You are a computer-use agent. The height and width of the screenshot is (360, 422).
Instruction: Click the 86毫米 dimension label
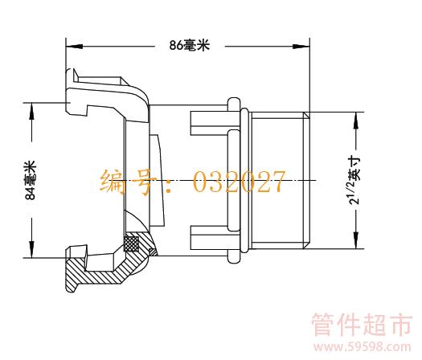point(190,45)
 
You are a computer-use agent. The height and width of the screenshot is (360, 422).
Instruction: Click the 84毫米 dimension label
point(31,180)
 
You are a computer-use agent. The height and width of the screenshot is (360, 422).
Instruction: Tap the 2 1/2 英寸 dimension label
point(354,181)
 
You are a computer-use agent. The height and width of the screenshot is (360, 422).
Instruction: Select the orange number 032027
point(239,182)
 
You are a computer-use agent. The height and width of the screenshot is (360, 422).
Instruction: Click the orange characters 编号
point(129,182)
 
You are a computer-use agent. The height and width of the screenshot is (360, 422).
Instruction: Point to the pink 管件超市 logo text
point(362,325)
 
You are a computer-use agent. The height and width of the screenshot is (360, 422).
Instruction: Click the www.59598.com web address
point(363,346)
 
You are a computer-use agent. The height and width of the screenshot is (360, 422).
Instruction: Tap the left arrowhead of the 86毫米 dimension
point(74,47)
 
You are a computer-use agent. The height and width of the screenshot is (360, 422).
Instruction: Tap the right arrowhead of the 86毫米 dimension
point(301,47)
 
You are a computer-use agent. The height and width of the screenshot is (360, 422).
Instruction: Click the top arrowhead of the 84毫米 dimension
point(32,111)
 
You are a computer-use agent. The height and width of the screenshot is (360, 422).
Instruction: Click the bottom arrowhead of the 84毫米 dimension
point(32,249)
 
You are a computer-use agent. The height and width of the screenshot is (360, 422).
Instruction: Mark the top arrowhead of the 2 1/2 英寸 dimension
point(356,120)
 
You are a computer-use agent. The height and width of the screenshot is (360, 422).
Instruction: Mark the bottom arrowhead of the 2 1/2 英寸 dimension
point(356,240)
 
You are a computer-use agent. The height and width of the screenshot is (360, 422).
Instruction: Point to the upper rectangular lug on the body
point(209,123)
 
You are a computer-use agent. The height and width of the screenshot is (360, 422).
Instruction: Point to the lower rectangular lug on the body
point(209,238)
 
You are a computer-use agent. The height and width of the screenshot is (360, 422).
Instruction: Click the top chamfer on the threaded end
point(306,116)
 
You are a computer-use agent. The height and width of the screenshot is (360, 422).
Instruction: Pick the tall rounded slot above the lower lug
point(234,181)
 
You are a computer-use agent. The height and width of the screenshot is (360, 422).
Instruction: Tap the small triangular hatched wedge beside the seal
point(154,252)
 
